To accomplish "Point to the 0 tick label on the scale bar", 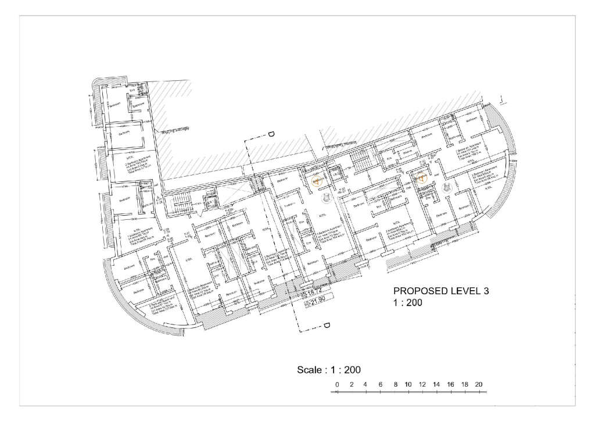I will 337,385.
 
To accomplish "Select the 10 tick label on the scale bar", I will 408,385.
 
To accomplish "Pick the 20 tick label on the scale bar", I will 479,385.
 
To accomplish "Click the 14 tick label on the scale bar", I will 436,385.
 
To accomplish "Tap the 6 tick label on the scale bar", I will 380,385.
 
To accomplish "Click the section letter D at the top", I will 271,135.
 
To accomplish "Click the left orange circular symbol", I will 317,181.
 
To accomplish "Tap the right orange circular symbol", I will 421,177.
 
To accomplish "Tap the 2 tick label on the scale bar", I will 352,385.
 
